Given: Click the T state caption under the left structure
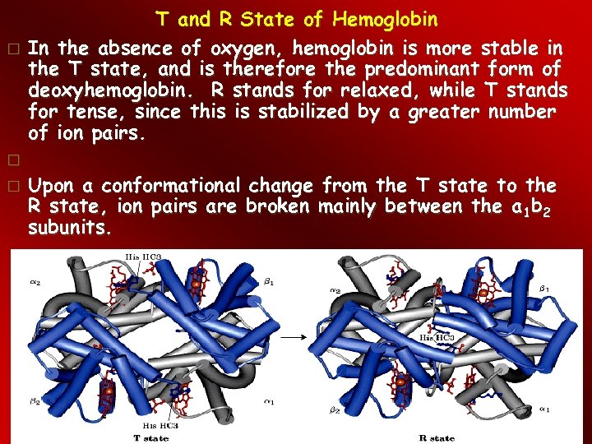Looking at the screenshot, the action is click(x=151, y=438).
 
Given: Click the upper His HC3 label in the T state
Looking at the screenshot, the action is click(x=143, y=257).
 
